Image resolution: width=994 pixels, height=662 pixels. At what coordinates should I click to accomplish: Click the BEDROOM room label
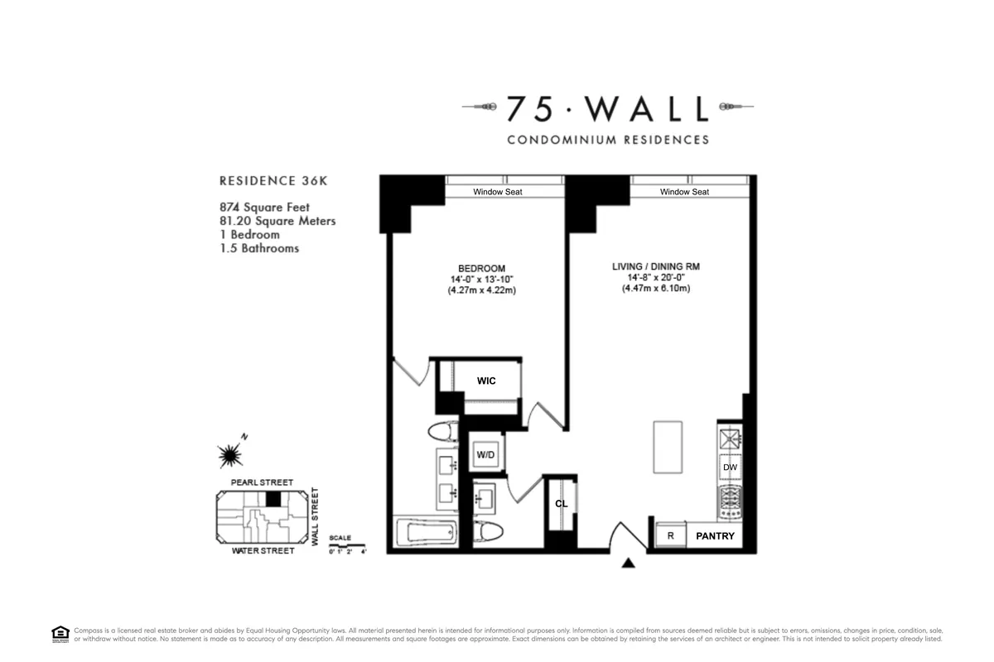[x=481, y=268]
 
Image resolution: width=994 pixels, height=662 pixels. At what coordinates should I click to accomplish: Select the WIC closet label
[x=485, y=381]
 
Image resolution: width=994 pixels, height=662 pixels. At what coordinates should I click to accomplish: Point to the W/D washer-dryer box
[x=485, y=454]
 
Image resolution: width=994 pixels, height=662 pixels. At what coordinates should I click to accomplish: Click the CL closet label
[x=561, y=503]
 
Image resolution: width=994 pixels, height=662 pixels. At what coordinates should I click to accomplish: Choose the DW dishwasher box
[x=730, y=468]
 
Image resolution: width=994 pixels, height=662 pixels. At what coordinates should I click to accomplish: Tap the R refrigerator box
[x=670, y=536]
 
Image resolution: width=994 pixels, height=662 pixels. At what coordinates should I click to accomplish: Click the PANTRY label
[x=715, y=536]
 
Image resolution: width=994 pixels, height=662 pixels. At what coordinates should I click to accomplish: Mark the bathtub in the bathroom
[x=426, y=533]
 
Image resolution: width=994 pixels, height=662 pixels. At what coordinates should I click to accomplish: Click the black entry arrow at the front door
[x=629, y=564]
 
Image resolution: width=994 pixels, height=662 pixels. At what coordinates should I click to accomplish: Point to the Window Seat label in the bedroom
[x=497, y=192]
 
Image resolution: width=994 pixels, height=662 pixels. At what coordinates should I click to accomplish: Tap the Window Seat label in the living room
[x=684, y=192]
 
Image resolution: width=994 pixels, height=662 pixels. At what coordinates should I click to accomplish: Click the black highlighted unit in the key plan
[x=273, y=498]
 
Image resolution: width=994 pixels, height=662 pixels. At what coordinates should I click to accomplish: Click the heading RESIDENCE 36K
[x=268, y=180]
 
